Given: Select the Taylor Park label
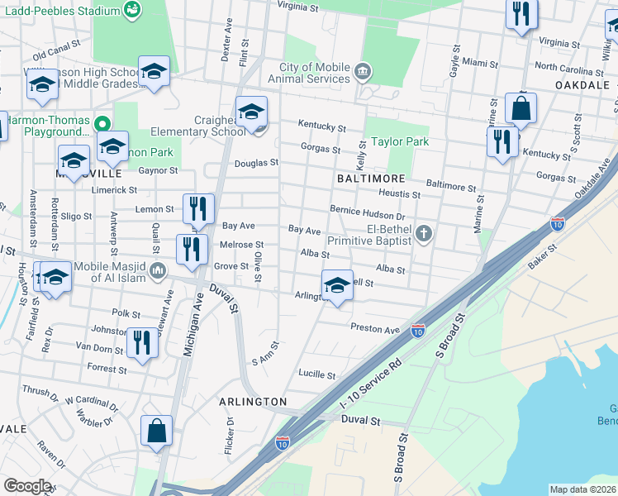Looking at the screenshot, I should [x=400, y=141].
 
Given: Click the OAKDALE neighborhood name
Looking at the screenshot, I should [x=582, y=85].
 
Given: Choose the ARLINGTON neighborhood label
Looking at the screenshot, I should [x=253, y=401].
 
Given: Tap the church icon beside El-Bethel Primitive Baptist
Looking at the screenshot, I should [x=424, y=233].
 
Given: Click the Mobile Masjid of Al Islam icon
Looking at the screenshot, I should [x=159, y=270].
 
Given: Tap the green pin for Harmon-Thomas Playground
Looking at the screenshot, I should [x=102, y=125].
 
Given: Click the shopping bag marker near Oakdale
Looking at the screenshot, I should [x=521, y=108].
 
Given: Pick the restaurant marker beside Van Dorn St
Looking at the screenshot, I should [x=142, y=342].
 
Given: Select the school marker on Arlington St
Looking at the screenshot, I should [x=336, y=286].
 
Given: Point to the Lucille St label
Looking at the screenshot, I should [x=317, y=374].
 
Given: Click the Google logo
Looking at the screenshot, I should [x=26, y=486].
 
